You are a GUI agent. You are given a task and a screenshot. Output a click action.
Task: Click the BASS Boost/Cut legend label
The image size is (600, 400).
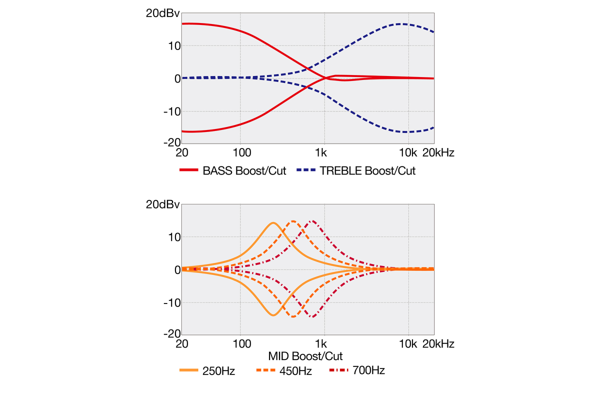[x=244, y=171]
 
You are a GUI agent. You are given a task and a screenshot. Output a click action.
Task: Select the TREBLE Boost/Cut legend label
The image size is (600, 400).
[x=368, y=171]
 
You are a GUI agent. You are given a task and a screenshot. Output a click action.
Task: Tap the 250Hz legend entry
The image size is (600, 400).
[x=218, y=371]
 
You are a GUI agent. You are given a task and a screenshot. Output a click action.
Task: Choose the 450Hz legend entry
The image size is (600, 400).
[x=295, y=371]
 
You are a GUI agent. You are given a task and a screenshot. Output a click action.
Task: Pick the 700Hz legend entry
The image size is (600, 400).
[x=368, y=371]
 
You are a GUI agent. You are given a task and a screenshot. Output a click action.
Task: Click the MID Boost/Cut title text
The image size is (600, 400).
[x=305, y=356]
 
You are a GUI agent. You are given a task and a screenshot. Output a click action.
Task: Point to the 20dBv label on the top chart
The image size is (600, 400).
[x=162, y=13]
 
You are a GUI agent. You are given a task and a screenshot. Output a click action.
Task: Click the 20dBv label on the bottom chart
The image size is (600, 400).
[x=162, y=205]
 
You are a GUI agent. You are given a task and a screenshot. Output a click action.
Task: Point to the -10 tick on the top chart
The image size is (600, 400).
[x=170, y=111]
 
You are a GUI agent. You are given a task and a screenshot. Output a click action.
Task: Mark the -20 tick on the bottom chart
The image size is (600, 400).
[x=170, y=334]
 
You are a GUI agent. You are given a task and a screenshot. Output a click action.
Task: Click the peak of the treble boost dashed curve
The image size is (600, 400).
[x=403, y=23]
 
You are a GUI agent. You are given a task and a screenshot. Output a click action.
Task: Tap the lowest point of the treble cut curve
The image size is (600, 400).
[x=406, y=132]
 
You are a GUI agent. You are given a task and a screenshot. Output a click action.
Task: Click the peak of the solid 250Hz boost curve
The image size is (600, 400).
[x=273, y=222]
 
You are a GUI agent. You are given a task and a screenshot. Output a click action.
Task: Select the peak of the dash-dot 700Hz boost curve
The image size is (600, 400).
[x=312, y=220]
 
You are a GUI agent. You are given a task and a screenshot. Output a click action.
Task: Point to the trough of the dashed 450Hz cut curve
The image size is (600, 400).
[x=293, y=316]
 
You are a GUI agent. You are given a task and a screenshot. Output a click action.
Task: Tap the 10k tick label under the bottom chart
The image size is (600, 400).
[x=408, y=344]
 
